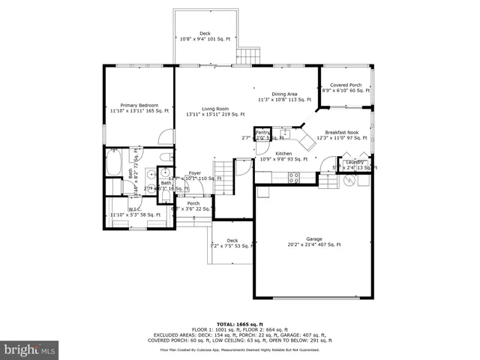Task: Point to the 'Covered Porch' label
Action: click(x=346, y=85)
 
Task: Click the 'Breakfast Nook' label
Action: click(x=341, y=131)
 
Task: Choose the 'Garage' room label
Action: click(x=313, y=238)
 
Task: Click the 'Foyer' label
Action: click(x=195, y=172)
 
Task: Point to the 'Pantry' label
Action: click(x=263, y=133)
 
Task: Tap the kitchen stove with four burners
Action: click(x=294, y=178)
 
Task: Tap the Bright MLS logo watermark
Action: click(x=30, y=350)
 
